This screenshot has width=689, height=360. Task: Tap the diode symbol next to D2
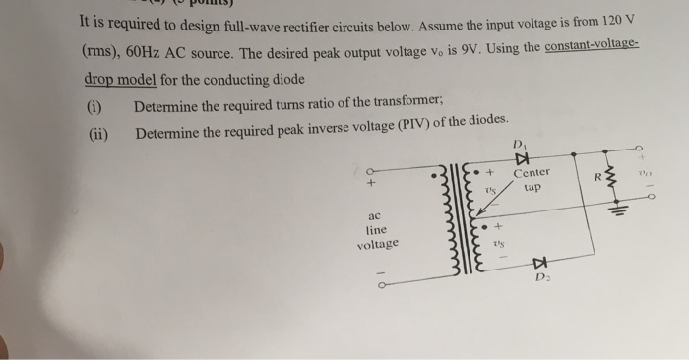(x=538, y=264)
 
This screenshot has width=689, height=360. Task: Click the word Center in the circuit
(x=532, y=173)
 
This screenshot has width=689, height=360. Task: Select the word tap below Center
(x=532, y=186)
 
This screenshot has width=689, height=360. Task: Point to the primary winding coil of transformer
(x=456, y=227)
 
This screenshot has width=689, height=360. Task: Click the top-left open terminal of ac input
(x=371, y=170)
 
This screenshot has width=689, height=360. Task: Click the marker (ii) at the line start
(x=97, y=133)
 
